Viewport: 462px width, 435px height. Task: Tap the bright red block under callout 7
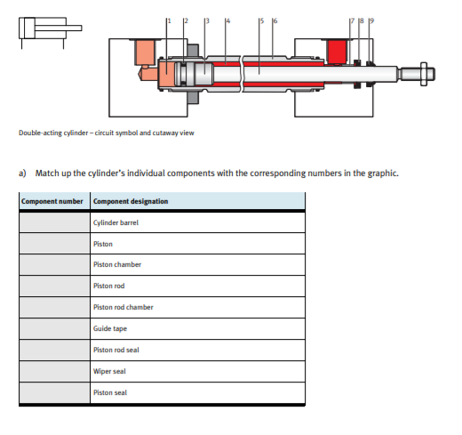(339, 51)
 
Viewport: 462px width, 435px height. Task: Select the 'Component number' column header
(52, 201)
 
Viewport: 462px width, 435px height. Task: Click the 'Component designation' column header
(131, 201)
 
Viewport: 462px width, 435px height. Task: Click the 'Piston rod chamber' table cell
(123, 307)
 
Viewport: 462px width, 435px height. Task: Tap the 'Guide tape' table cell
(109, 328)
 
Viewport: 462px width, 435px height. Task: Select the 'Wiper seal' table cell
(110, 371)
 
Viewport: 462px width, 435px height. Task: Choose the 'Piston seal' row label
(110, 392)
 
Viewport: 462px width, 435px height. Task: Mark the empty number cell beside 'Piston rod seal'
(53, 350)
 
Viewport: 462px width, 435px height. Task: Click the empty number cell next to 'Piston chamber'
(53, 264)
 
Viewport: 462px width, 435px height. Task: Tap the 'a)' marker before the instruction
(23, 173)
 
